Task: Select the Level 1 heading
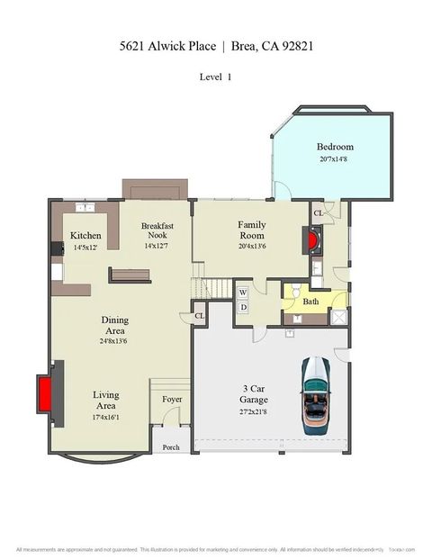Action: (215, 77)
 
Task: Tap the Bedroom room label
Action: (335, 147)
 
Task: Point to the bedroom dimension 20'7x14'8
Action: (335, 159)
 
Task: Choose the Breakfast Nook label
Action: (157, 231)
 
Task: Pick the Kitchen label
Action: (85, 236)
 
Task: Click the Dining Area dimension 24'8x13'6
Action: (114, 341)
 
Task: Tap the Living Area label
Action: (105, 401)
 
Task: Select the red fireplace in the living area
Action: (45, 393)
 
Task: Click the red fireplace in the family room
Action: (311, 239)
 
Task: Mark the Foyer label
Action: (172, 399)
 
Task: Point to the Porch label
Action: (171, 447)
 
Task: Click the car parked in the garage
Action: (316, 392)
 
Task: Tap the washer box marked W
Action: (242, 293)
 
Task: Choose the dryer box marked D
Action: (242, 308)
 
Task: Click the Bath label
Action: (310, 302)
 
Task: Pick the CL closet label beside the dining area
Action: (199, 316)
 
